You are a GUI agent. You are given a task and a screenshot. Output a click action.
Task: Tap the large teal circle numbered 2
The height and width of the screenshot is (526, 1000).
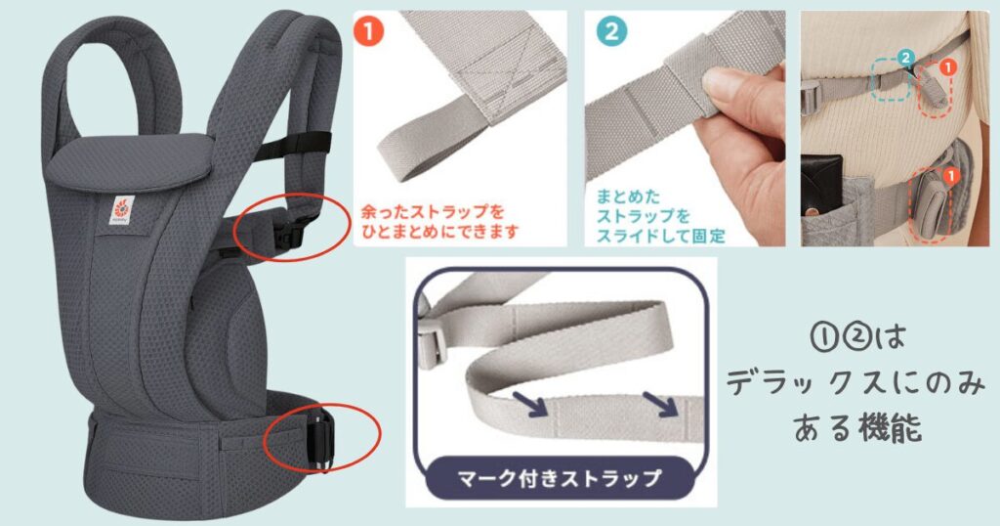pyautogui.click(x=612, y=30)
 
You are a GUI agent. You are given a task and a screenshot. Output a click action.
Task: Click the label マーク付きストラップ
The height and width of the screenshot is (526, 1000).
pyautogui.click(x=561, y=479)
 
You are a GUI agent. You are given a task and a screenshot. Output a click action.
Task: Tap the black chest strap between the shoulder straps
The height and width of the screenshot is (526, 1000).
pyautogui.click(x=265, y=144)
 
